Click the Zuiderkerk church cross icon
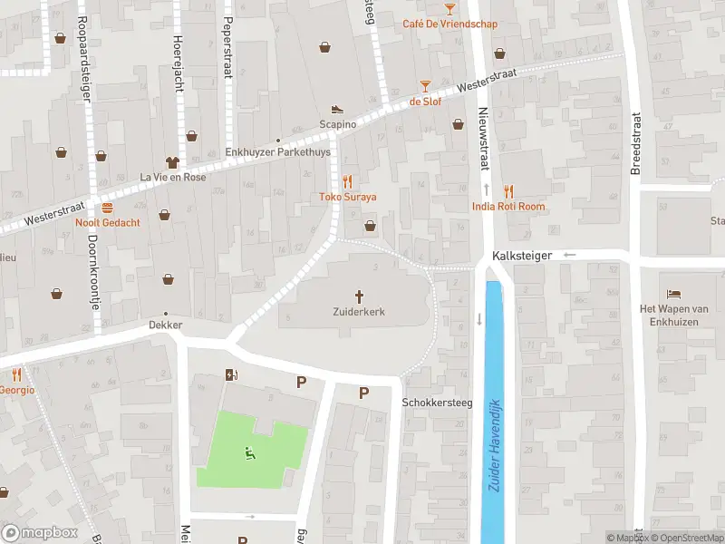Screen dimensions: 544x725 tap(360, 296)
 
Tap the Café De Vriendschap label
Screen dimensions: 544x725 tap(450, 24)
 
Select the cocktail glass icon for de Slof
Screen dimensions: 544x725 tap(425, 86)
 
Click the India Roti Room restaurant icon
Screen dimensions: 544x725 tap(508, 191)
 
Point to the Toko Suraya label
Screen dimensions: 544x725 tap(347, 197)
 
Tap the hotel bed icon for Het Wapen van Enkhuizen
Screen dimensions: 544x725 tap(673, 294)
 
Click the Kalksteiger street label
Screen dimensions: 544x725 tap(522, 257)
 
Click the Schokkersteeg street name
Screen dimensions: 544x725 tap(437, 403)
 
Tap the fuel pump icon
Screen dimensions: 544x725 tap(230, 375)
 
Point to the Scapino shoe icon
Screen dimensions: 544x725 tap(337, 109)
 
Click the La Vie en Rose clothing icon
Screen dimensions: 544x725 tap(170, 161)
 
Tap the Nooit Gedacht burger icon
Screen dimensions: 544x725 tap(107, 208)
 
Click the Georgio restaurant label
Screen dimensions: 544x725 tap(16, 390)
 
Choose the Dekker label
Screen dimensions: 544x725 tap(167, 325)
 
